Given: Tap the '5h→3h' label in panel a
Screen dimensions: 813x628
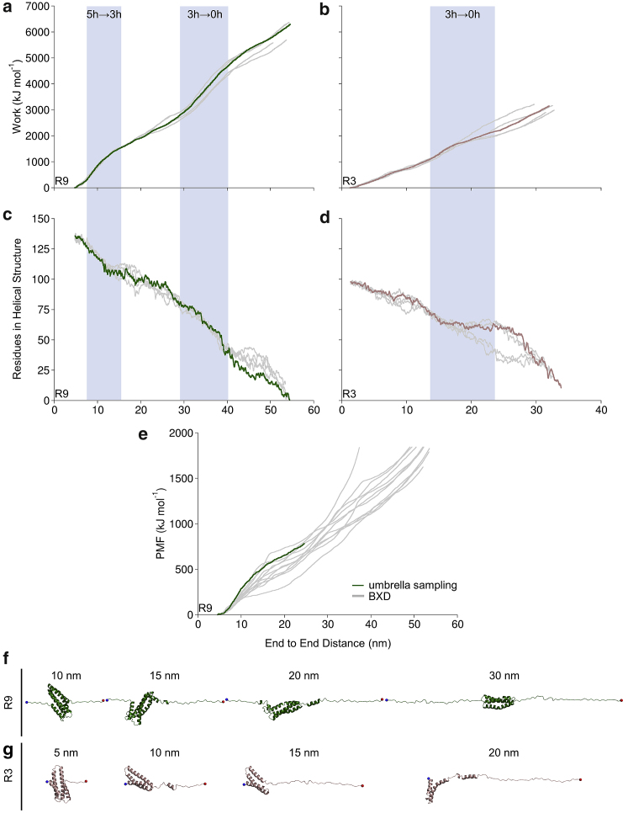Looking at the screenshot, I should [103, 15].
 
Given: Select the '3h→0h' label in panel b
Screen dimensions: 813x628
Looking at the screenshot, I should [462, 15].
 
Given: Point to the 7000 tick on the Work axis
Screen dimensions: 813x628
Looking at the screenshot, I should [37, 8].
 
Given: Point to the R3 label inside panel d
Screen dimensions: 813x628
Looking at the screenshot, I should [348, 393].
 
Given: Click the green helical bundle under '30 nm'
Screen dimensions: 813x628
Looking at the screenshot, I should [500, 702].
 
